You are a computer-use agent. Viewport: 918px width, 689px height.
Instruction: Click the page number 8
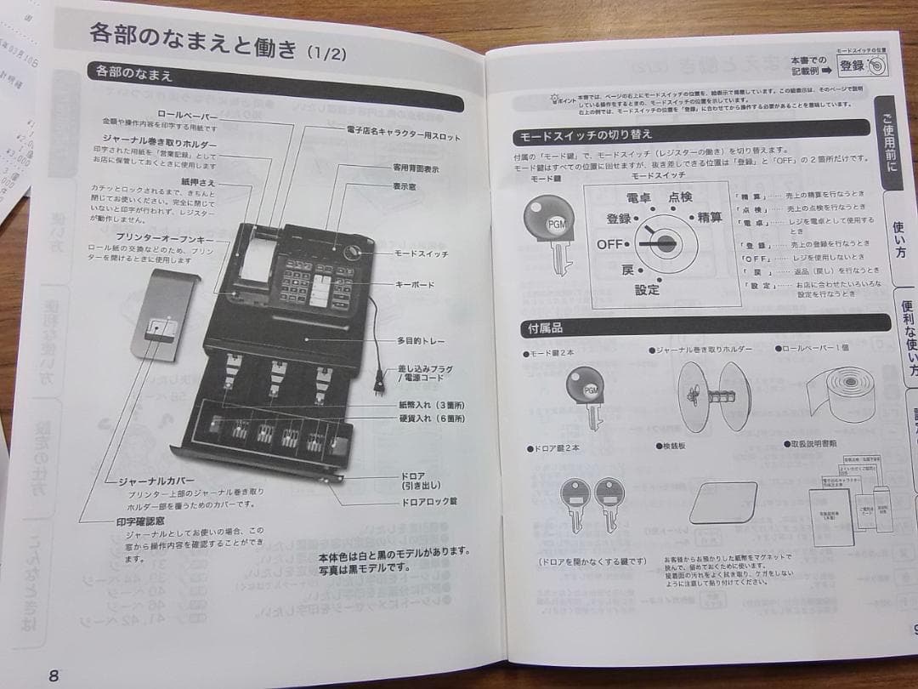click(x=54, y=675)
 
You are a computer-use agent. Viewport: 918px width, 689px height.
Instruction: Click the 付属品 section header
click(x=545, y=329)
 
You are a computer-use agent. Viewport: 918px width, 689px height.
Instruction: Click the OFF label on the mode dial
click(x=609, y=244)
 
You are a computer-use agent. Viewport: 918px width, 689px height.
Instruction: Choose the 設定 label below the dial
click(x=647, y=289)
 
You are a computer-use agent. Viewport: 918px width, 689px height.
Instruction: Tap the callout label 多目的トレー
click(x=421, y=340)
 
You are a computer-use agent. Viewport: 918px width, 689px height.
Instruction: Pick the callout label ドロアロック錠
click(x=429, y=501)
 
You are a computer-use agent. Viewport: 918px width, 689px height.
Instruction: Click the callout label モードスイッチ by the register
click(x=421, y=253)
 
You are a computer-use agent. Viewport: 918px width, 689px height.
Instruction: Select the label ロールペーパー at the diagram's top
click(x=188, y=115)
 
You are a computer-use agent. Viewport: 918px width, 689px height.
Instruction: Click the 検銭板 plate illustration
click(x=722, y=502)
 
